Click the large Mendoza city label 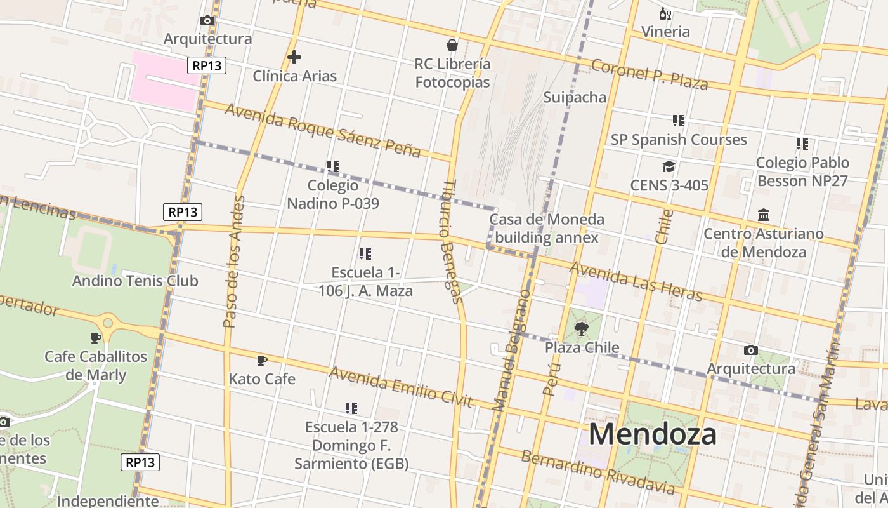(653, 435)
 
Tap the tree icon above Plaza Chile (582, 328)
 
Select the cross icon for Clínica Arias (294, 57)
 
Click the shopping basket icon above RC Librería (452, 45)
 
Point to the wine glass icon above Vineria (665, 13)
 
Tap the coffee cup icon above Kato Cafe (261, 361)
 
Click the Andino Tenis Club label (135, 281)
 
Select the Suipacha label (575, 97)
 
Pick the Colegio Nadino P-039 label (333, 194)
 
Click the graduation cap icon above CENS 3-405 (669, 166)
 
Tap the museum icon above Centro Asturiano (764, 215)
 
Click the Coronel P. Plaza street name (650, 74)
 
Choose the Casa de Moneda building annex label (546, 229)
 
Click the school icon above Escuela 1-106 (365, 254)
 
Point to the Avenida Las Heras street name (636, 282)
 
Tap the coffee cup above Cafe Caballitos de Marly (96, 338)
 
